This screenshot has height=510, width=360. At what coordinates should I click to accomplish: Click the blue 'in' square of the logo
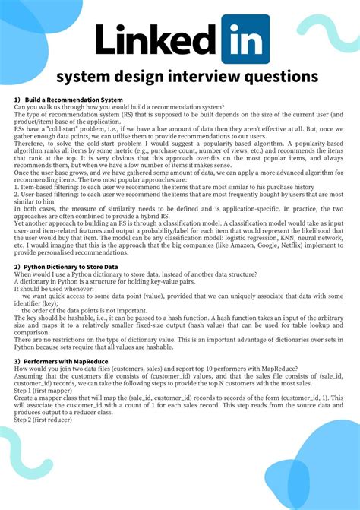coord(245,39)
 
